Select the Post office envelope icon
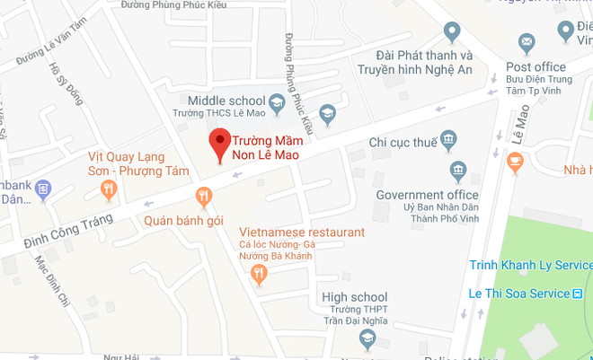tap(526, 42)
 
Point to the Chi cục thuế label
tap(402, 142)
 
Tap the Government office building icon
tap(458, 170)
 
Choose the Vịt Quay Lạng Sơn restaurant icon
tap(109, 188)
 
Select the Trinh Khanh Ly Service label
tap(531, 265)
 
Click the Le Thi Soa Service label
tap(520, 294)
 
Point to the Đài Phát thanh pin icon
tap(453, 32)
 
